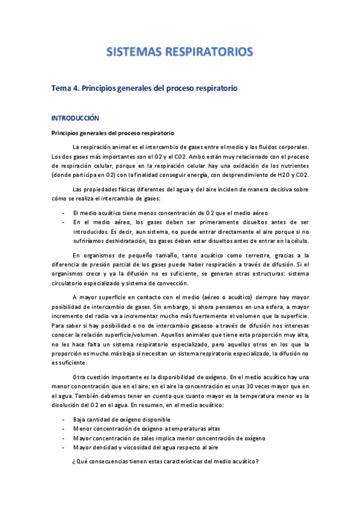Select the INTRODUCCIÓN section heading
pyautogui.click(x=75, y=118)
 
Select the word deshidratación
pyautogui.click(x=123, y=241)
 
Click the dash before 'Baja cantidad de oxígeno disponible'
pyautogui.click(x=64, y=420)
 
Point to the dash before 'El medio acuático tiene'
pyautogui.click(x=64, y=213)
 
